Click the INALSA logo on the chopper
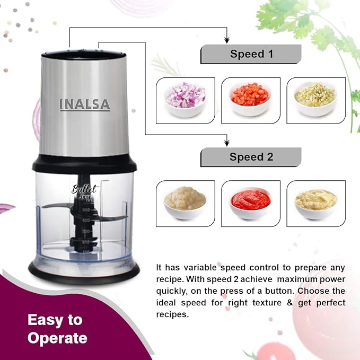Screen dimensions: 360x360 85,104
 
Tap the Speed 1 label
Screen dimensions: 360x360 251,54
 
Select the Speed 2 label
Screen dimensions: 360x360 251,157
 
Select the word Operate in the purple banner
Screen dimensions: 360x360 57,338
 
